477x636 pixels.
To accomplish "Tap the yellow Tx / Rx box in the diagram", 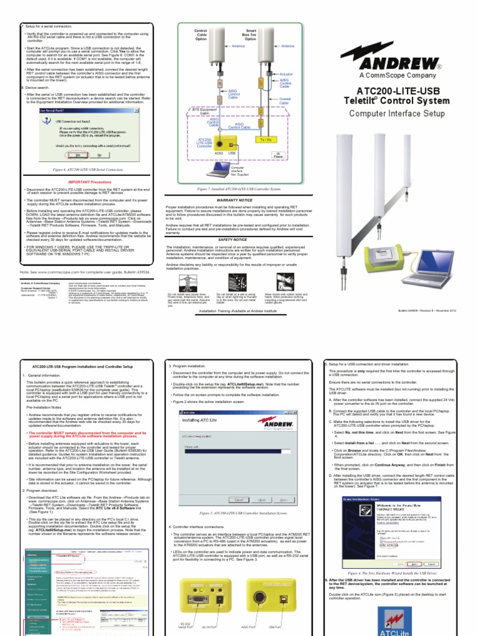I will click(x=264, y=140).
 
